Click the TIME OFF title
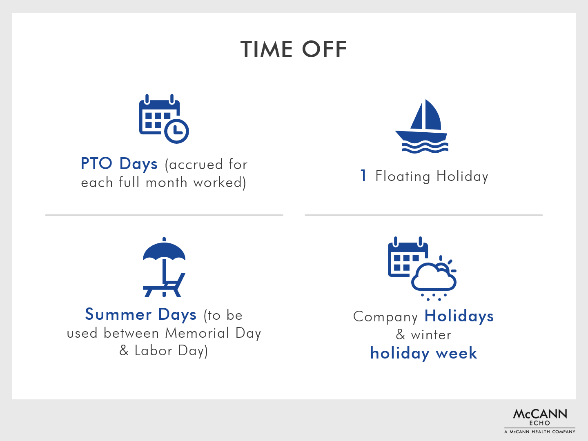294,49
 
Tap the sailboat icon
422,126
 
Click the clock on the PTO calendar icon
176,131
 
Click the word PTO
96,163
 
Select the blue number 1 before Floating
363,176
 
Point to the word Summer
118,314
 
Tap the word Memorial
197,333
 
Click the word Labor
154,350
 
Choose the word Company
385,317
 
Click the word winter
431,335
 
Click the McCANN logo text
540,414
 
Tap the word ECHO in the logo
539,423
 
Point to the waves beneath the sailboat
425,147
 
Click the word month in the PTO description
166,183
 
